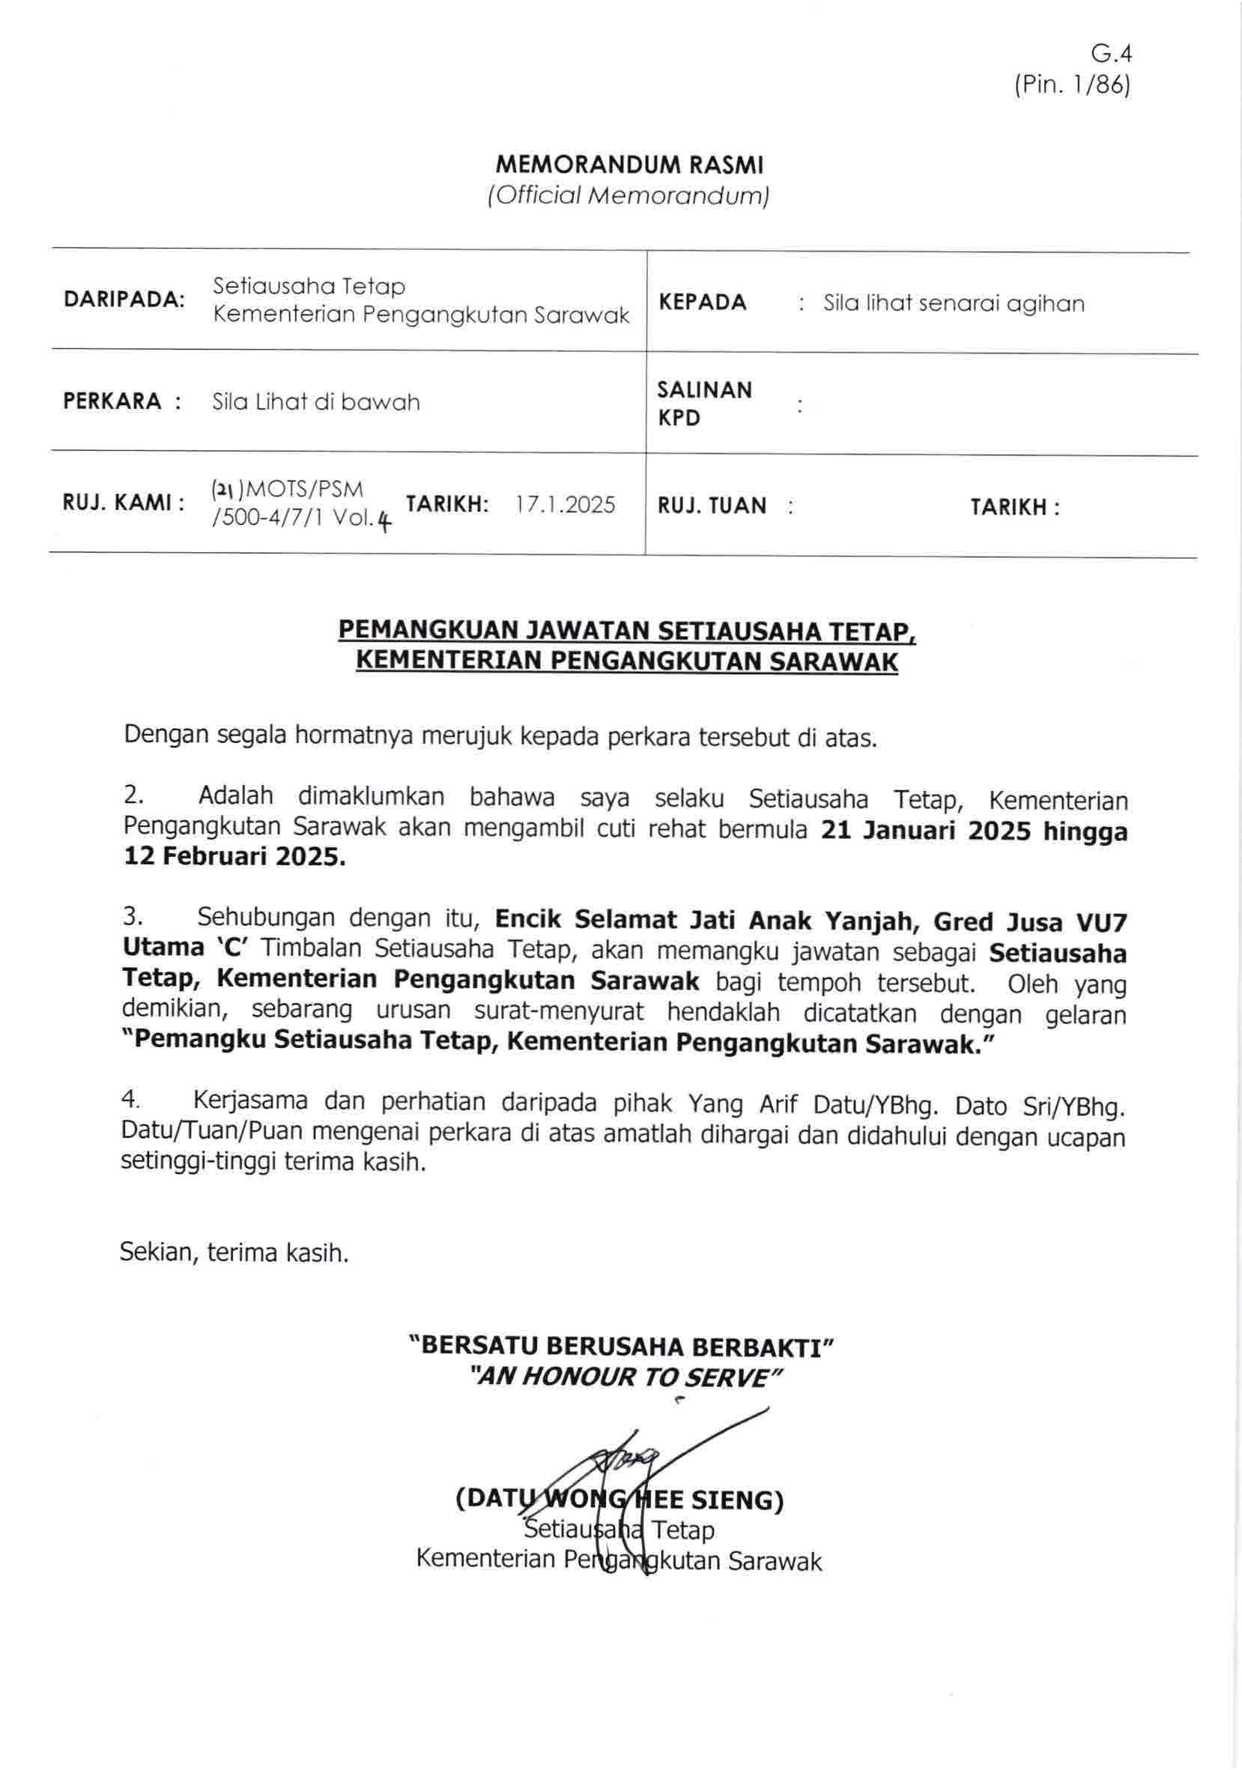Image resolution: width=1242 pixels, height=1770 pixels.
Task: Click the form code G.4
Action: [x=1110, y=53]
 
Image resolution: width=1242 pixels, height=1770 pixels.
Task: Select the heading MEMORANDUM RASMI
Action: [x=629, y=164]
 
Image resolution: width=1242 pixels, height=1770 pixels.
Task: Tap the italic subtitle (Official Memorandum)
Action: [x=628, y=196]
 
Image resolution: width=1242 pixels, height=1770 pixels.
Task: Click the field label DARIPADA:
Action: [x=124, y=299]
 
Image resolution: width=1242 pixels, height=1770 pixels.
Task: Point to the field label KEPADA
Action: [x=703, y=302]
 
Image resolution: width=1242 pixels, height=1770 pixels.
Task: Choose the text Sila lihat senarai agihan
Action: [x=954, y=303]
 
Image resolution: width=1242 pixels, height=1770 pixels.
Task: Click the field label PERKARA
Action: [x=112, y=401]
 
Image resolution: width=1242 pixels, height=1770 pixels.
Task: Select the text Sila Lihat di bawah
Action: [x=316, y=401]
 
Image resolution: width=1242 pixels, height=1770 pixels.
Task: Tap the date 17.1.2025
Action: [x=566, y=505]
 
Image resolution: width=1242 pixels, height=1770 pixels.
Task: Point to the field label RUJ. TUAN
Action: [x=712, y=506]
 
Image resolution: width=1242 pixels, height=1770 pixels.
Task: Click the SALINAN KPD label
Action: [x=704, y=403]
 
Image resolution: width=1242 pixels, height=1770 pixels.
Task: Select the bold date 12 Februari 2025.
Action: [x=234, y=856]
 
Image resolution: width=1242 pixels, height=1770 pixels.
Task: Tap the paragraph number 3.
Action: [x=132, y=917]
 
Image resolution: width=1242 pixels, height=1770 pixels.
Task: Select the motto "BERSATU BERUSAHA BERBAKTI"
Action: [x=622, y=1346]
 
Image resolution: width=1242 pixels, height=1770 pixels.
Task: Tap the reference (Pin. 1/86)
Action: [x=1073, y=84]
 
